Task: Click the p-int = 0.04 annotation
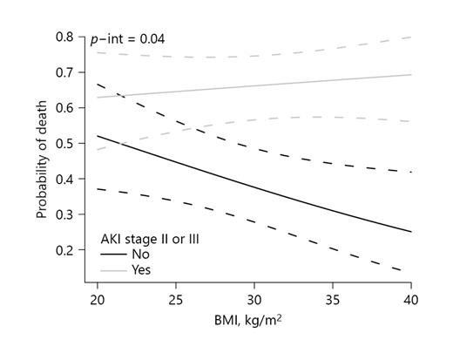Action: click(128, 39)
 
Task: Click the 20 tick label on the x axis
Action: click(97, 296)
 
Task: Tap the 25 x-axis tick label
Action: click(175, 296)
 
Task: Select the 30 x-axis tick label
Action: click(254, 296)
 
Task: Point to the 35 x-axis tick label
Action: click(334, 296)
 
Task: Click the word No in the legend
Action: click(139, 254)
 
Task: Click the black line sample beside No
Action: click(111, 254)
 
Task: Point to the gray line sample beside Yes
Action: click(111, 270)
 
